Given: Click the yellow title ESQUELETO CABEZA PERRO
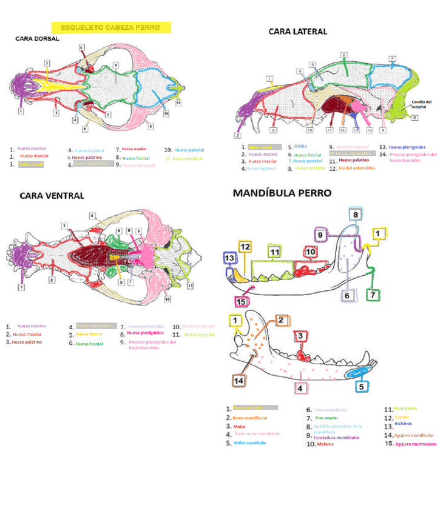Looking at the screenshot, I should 111,28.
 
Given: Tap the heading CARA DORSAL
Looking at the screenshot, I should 38,39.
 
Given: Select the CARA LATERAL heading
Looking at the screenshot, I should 297,32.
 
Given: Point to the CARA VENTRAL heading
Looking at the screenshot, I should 52,196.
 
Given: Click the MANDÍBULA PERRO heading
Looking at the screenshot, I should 282,193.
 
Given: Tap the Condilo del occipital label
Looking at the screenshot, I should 421,104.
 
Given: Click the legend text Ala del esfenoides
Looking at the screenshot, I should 353,168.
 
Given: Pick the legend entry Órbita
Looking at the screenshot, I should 300,147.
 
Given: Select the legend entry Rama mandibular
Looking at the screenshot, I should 250,418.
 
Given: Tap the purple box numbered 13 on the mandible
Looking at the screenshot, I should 229,258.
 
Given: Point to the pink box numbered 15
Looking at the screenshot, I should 241,302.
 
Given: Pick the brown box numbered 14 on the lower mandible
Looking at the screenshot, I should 238,380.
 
